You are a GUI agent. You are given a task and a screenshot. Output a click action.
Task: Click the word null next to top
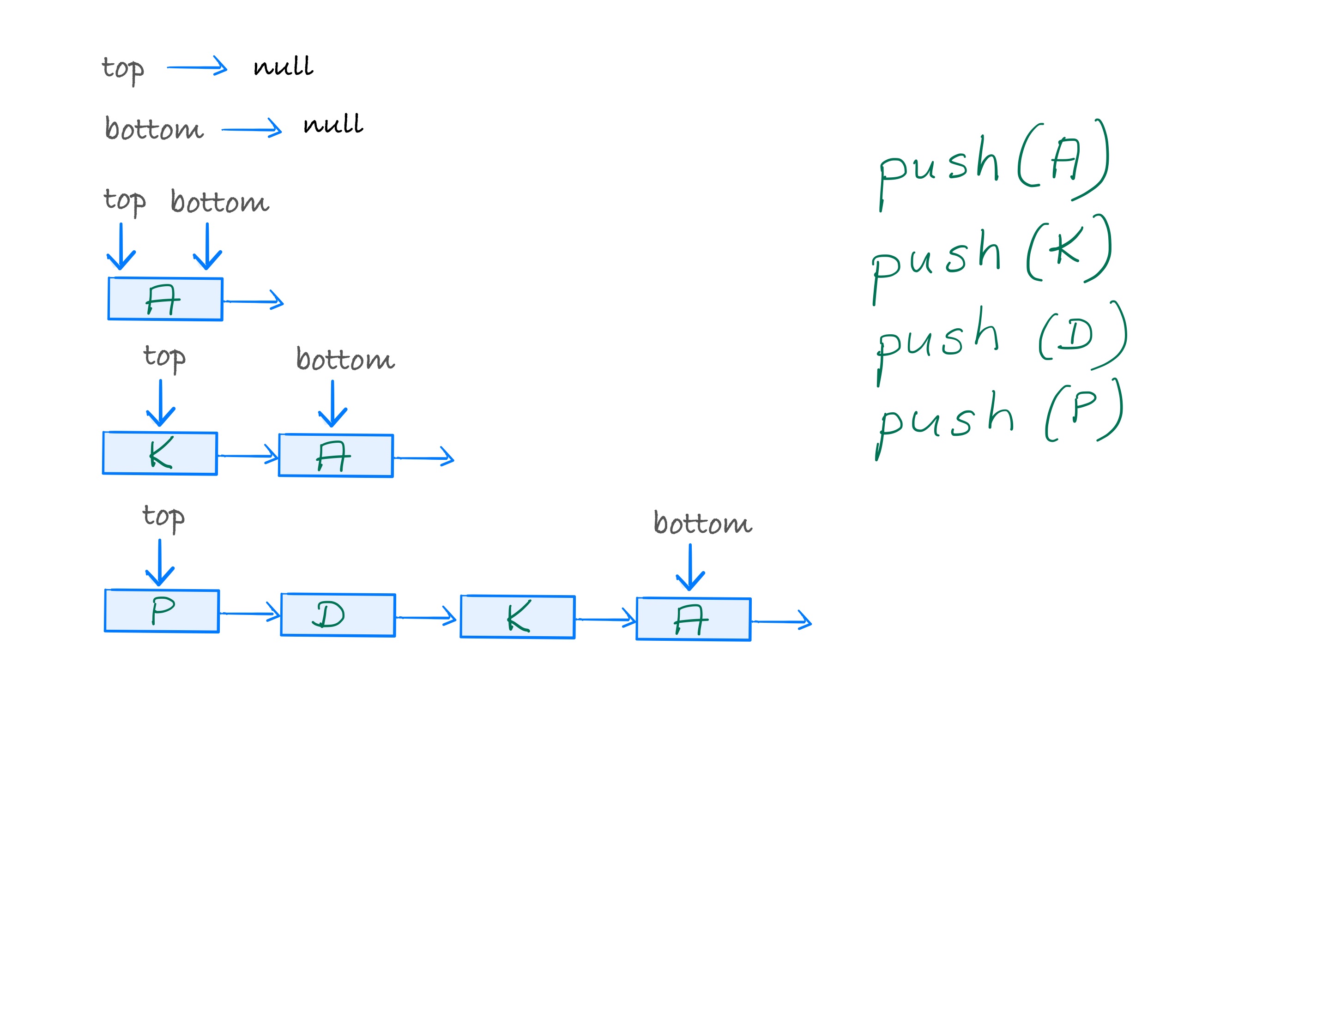[283, 66]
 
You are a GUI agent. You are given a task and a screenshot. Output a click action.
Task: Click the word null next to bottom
[333, 124]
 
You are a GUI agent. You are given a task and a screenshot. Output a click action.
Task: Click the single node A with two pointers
[165, 299]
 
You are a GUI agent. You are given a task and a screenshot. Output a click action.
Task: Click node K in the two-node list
[160, 453]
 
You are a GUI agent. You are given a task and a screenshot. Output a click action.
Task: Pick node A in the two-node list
[336, 455]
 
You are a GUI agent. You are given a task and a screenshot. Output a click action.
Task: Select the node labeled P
[162, 611]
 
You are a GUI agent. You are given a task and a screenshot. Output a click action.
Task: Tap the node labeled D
[338, 614]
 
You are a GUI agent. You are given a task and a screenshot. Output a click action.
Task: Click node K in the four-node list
[518, 617]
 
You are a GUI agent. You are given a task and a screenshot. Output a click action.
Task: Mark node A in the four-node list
[693, 619]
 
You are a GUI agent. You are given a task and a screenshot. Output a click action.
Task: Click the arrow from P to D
[249, 613]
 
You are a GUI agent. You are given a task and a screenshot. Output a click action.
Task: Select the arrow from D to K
[426, 617]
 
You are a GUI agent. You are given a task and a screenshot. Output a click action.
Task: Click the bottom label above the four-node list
[702, 523]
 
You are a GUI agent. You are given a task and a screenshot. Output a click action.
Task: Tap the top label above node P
[163, 517]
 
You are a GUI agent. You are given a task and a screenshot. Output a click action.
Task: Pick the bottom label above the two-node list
[345, 359]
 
